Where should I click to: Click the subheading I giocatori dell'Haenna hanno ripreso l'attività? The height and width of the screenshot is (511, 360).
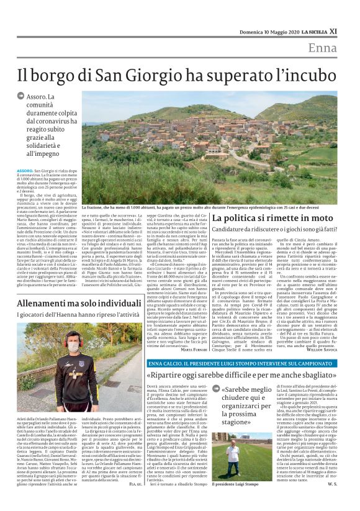[x=79, y=315]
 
